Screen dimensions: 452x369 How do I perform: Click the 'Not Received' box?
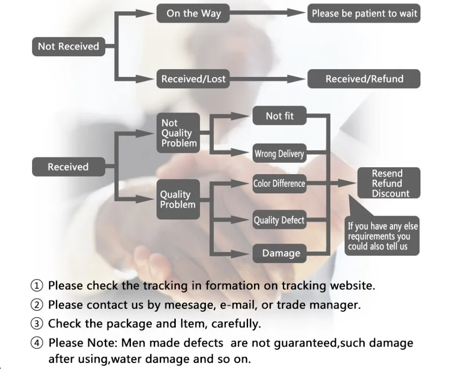click(x=68, y=46)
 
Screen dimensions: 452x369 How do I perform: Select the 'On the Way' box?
click(x=193, y=13)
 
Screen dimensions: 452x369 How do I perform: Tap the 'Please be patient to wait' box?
click(x=364, y=13)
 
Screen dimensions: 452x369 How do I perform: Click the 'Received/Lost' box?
click(x=193, y=79)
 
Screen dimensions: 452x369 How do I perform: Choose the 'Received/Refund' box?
click(x=364, y=79)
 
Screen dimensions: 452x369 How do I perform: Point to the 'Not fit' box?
click(x=279, y=116)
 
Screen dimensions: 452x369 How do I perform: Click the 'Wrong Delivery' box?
click(x=279, y=153)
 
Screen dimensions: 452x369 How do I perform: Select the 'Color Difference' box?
click(x=279, y=184)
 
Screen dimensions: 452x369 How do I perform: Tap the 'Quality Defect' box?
click(x=279, y=220)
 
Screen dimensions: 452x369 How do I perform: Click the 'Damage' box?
click(x=279, y=253)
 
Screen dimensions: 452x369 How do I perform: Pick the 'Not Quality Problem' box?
click(x=178, y=133)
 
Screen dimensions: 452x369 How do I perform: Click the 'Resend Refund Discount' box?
click(x=389, y=183)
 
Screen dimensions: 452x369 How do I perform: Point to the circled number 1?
click(x=36, y=286)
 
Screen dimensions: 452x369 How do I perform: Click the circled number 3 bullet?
click(x=36, y=324)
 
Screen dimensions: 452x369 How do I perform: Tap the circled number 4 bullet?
click(x=36, y=343)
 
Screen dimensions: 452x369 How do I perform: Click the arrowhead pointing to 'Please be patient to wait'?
click(x=296, y=13)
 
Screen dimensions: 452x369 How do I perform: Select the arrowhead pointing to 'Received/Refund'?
click(x=296, y=79)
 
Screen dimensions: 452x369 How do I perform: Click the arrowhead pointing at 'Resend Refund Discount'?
click(x=348, y=183)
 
